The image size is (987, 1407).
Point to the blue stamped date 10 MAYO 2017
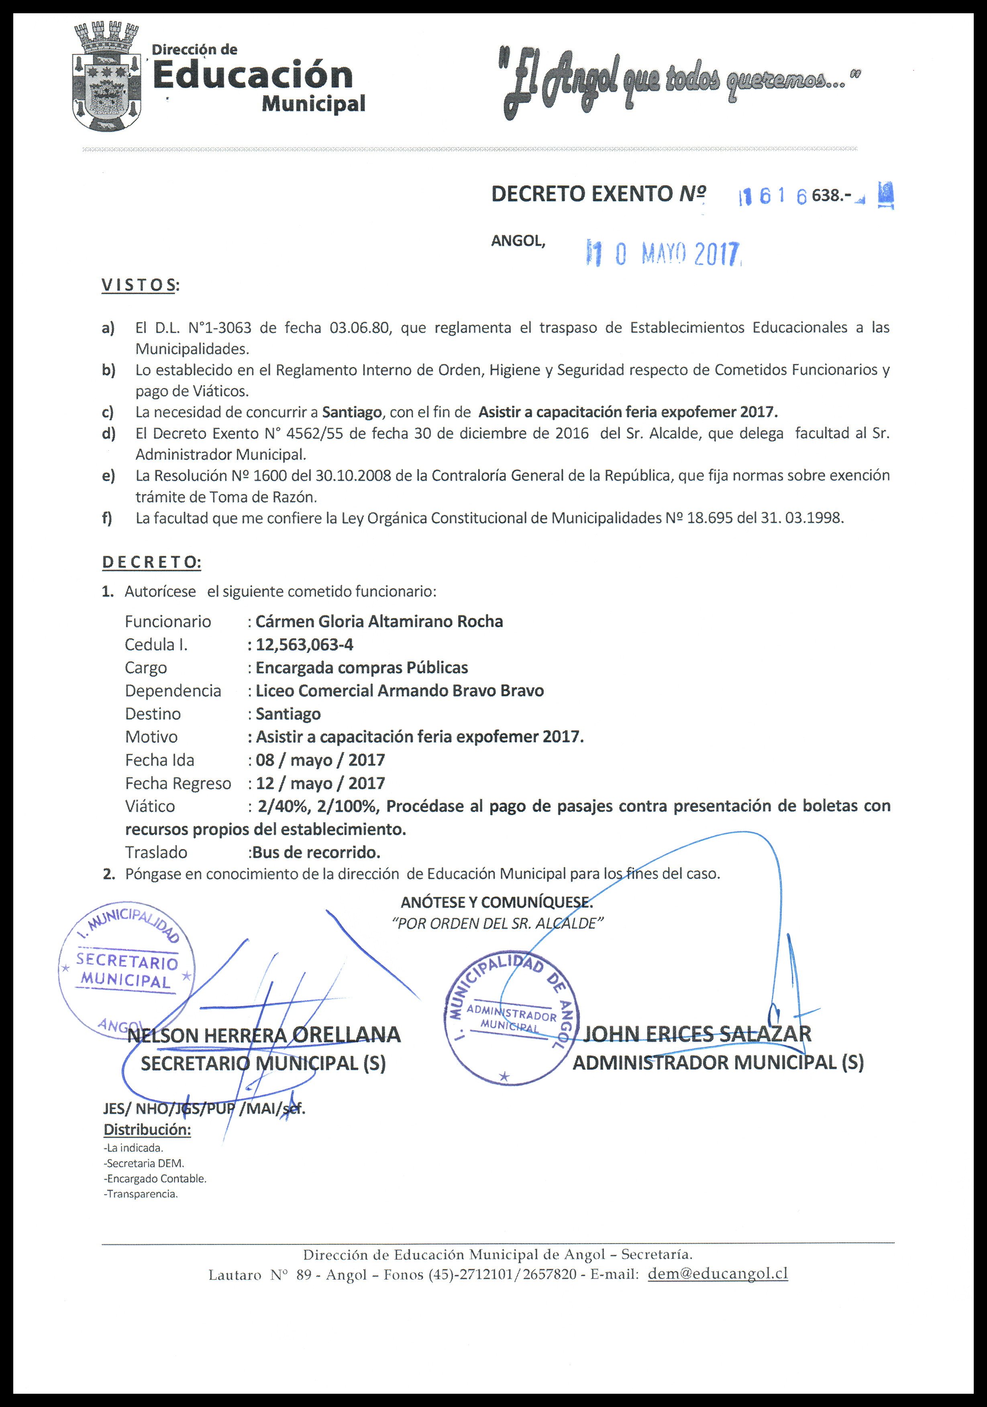665,253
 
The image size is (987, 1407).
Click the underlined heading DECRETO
151,562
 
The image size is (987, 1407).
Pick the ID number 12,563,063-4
304,645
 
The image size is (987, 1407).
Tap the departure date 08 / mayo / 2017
320,760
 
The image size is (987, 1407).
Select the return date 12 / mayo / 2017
320,783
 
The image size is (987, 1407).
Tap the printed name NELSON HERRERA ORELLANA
263,1035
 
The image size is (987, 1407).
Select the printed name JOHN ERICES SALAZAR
697,1034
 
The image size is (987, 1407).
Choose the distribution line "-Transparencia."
141,1194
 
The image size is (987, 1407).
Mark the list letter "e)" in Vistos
108,476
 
